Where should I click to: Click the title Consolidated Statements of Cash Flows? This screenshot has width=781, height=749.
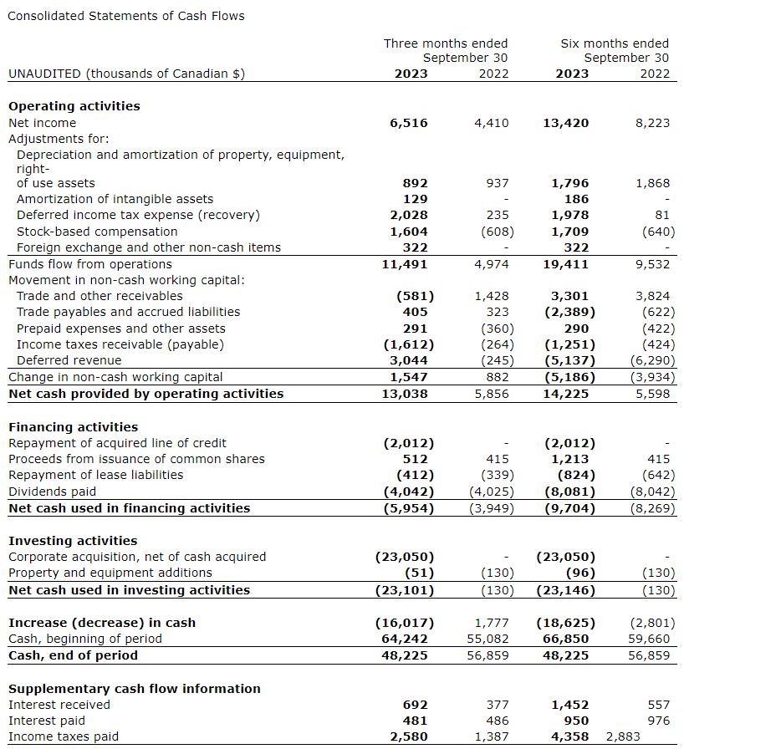(126, 16)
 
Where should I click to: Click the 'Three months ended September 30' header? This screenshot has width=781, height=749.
(446, 50)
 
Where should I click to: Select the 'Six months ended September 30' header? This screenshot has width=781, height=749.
(615, 50)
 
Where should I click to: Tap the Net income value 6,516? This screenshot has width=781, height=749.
(409, 123)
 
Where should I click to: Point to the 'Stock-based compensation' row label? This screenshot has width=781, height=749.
(97, 232)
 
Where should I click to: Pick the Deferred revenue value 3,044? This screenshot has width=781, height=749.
(409, 360)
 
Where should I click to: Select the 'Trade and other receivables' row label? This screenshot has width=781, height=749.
(100, 296)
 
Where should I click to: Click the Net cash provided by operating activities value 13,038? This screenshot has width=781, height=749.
(405, 394)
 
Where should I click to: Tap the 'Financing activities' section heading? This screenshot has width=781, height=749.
(73, 427)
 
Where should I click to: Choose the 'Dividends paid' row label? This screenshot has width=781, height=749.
(52, 492)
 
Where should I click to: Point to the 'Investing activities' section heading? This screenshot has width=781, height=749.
(73, 541)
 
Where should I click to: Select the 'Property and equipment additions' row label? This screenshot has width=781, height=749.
(110, 573)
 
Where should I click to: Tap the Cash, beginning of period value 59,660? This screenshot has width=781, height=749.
(649, 639)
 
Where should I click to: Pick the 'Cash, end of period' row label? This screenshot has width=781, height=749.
(73, 655)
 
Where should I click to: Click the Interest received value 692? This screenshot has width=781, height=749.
(416, 705)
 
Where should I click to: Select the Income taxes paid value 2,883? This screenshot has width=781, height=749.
(623, 736)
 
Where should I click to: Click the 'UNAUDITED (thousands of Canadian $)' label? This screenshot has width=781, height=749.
(126, 74)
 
